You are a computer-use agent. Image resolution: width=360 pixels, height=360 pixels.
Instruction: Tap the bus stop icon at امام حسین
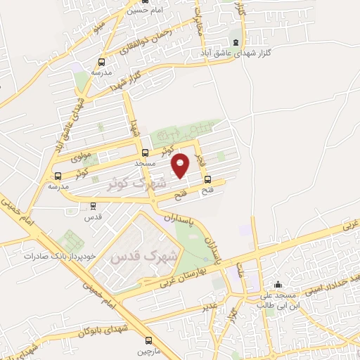click(131, 2)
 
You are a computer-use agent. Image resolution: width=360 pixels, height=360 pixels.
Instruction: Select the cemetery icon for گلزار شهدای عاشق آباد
click(235, 41)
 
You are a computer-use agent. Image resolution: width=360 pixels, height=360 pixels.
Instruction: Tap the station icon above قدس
click(93, 206)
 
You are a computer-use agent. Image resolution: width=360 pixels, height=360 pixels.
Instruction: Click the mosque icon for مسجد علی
click(279, 284)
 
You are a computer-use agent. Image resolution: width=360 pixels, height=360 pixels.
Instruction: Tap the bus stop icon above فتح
click(207, 179)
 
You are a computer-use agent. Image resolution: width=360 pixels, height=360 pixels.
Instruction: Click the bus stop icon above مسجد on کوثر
click(146, 153)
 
